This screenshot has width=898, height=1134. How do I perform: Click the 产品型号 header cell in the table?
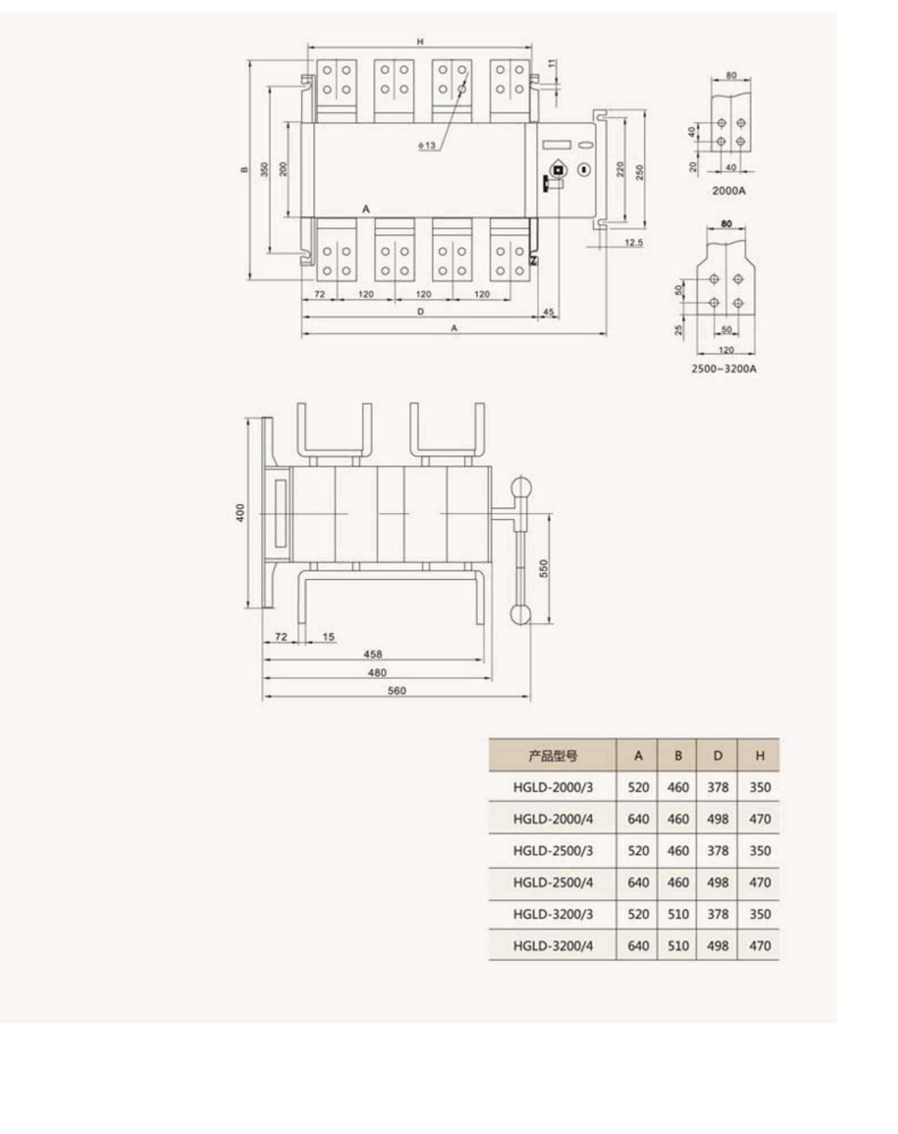tap(552, 755)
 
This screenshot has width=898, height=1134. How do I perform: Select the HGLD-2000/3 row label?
tap(553, 787)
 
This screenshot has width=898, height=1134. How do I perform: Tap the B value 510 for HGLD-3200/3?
tap(677, 914)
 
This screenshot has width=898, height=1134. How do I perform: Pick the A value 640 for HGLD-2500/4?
tap(638, 882)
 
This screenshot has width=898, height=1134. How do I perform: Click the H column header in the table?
tap(759, 755)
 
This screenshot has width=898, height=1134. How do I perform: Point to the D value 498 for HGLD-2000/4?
tap(717, 819)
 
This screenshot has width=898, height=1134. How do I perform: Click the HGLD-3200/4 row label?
tap(553, 945)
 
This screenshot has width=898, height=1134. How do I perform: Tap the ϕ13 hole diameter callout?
tap(427, 146)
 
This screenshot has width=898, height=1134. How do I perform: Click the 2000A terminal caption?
tap(728, 191)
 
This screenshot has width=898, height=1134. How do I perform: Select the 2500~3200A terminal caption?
tap(723, 369)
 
